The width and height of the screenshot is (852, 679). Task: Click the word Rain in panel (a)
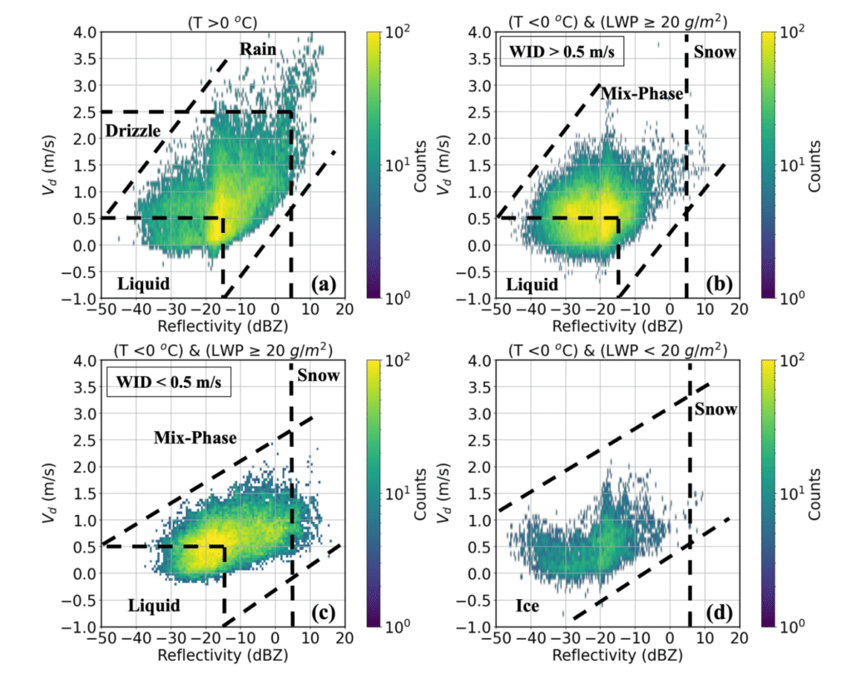tap(258, 49)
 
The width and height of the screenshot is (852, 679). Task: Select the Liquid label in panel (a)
tap(143, 284)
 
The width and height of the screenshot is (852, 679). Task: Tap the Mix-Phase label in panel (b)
tap(641, 94)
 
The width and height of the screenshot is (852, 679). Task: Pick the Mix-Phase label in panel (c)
tap(196, 437)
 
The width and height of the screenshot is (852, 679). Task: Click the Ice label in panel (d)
tap(526, 607)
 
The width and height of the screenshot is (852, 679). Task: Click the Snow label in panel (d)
tap(716, 409)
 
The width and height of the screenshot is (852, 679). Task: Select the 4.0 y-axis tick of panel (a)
tap(84, 32)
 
